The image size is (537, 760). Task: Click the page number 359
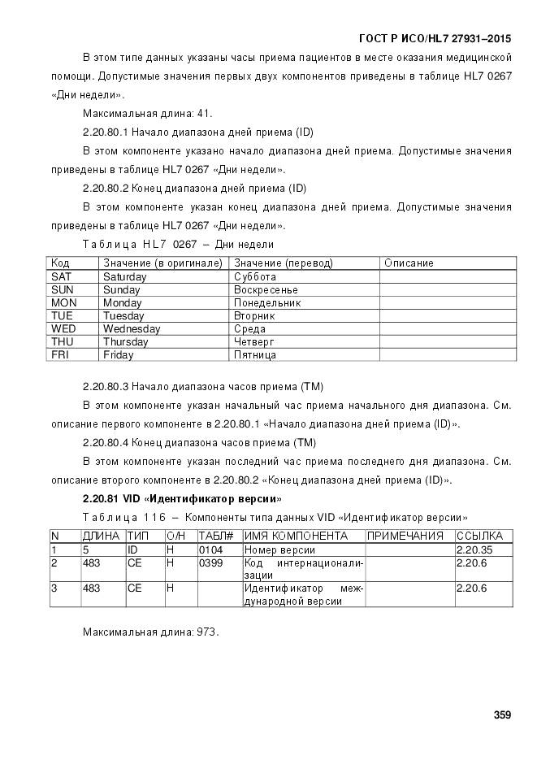coord(502,715)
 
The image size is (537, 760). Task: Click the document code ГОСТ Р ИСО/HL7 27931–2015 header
coord(435,39)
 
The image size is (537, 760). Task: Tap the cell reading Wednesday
coord(132,329)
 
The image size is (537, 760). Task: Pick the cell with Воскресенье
coord(266,290)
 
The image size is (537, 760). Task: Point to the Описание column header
coord(409,263)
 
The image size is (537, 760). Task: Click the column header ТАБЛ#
coord(216,536)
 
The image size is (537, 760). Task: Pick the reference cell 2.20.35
coord(474,550)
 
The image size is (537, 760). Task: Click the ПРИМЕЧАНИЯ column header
coord(405,536)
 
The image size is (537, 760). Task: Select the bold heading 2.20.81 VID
coord(182,498)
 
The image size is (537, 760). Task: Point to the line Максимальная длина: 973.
coord(150,632)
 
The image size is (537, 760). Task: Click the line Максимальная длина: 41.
coord(147,114)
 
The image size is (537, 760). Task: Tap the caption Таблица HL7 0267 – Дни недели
coord(178,245)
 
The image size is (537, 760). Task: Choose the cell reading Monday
coord(123,303)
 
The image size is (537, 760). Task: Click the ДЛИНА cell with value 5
coord(85,550)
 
